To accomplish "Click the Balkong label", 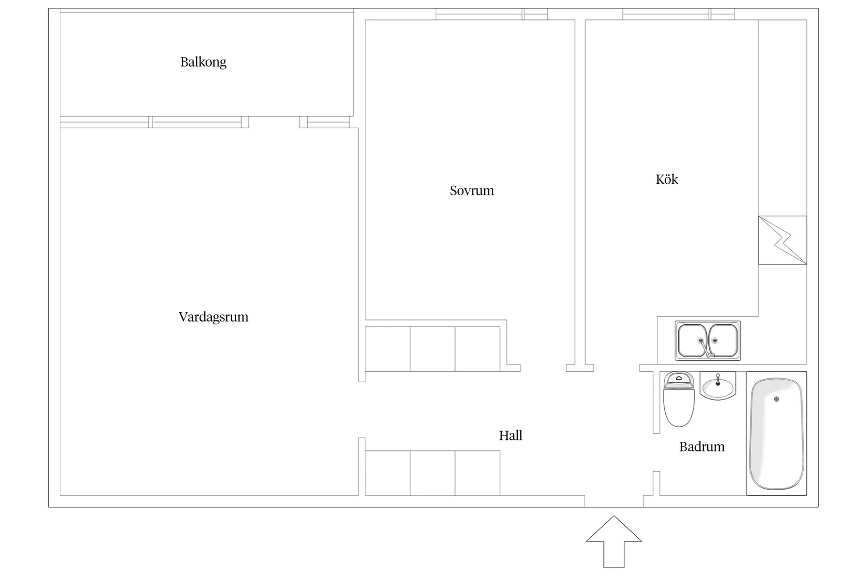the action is (203, 62).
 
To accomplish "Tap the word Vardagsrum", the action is (213, 317).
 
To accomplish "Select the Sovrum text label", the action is (472, 191).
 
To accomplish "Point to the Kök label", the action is (667, 180).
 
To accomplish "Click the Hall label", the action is (511, 436).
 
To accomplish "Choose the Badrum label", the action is (701, 447).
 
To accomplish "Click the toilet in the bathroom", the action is (679, 399).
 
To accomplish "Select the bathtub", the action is (776, 433).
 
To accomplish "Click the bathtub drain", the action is (776, 399).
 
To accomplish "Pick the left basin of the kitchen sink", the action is (693, 341).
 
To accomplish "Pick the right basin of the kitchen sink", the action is (723, 341).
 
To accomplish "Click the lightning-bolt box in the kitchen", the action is (782, 240).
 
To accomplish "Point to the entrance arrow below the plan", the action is (614, 541).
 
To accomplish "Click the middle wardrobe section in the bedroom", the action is (433, 349).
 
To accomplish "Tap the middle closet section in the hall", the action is (433, 473).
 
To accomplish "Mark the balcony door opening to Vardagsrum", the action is (274, 123).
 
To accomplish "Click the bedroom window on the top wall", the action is (492, 14).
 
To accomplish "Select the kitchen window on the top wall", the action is (678, 14).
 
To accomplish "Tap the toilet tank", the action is (679, 380).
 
